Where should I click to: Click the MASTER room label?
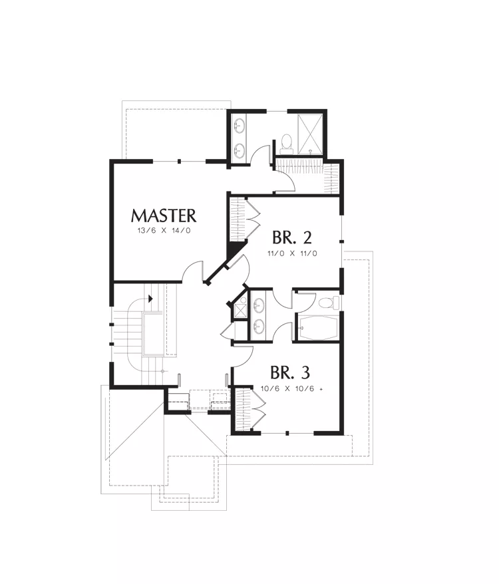163,216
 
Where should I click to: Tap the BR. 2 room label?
292,237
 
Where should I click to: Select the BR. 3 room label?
290,372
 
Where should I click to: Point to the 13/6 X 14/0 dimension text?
164,231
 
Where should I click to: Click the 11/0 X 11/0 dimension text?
292,253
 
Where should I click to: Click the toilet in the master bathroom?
287,144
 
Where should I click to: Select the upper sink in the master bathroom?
240,124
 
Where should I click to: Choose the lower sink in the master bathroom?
240,150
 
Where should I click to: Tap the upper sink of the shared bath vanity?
258,305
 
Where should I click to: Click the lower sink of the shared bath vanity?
258,327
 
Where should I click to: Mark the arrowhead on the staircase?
150,299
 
